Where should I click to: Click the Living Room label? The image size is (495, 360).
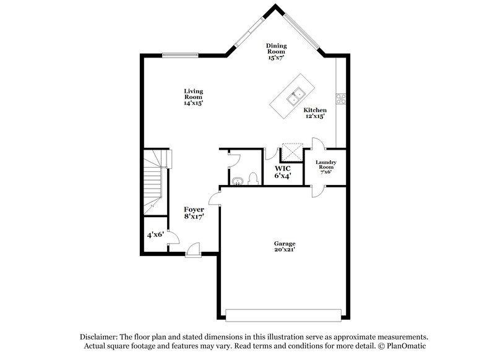pyautogui.click(x=194, y=97)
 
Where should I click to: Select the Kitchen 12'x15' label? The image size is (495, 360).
pyautogui.click(x=315, y=113)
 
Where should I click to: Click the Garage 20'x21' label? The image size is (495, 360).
pyautogui.click(x=285, y=246)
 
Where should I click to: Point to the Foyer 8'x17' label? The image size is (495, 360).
pyautogui.click(x=194, y=213)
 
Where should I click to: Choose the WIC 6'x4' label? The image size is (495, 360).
pyautogui.click(x=283, y=172)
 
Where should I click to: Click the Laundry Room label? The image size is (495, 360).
pyautogui.click(x=325, y=167)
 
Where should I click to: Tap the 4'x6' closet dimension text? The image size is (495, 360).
pyautogui.click(x=155, y=235)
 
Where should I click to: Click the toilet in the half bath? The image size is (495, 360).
pyautogui.click(x=252, y=179)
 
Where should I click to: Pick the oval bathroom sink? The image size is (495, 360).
pyautogui.click(x=238, y=181)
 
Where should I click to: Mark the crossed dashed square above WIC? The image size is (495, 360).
pyautogui.click(x=291, y=152)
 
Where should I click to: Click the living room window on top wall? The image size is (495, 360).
pyautogui.click(x=176, y=54)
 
